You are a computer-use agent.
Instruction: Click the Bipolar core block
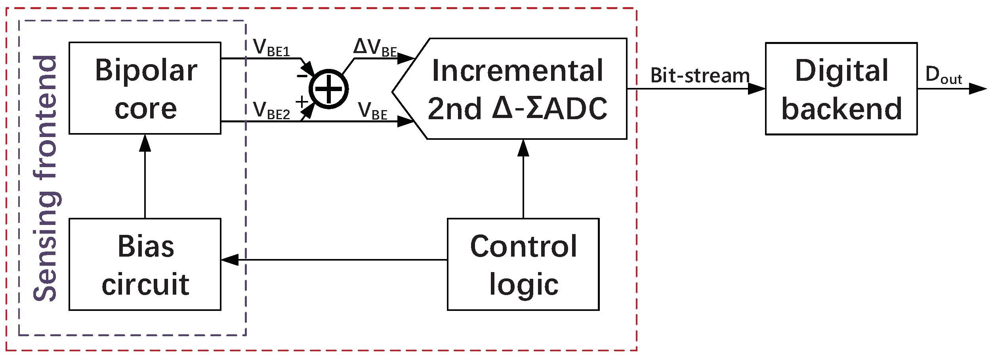pyautogui.click(x=145, y=88)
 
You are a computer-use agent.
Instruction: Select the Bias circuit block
pyautogui.click(x=145, y=264)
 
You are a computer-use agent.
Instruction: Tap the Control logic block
pyautogui.click(x=523, y=264)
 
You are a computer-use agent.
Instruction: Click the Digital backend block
pyautogui.click(x=841, y=89)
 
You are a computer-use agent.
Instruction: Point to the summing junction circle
pyautogui.click(x=328, y=89)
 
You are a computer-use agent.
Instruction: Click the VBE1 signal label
pyautogui.click(x=271, y=48)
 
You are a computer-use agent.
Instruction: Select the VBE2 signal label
pyautogui.click(x=271, y=110)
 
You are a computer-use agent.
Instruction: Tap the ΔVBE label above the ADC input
pyautogui.click(x=374, y=48)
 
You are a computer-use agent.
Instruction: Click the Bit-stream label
pyautogui.click(x=700, y=75)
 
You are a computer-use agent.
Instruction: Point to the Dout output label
pyautogui.click(x=943, y=75)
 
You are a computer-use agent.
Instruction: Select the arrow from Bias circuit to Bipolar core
pyautogui.click(x=145, y=178)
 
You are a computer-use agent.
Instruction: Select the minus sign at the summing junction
pyautogui.click(x=302, y=76)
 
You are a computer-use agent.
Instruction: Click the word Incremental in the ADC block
pyautogui.click(x=517, y=71)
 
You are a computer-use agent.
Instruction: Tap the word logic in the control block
pyautogui.click(x=523, y=284)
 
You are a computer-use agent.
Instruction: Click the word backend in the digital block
pyautogui.click(x=841, y=109)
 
